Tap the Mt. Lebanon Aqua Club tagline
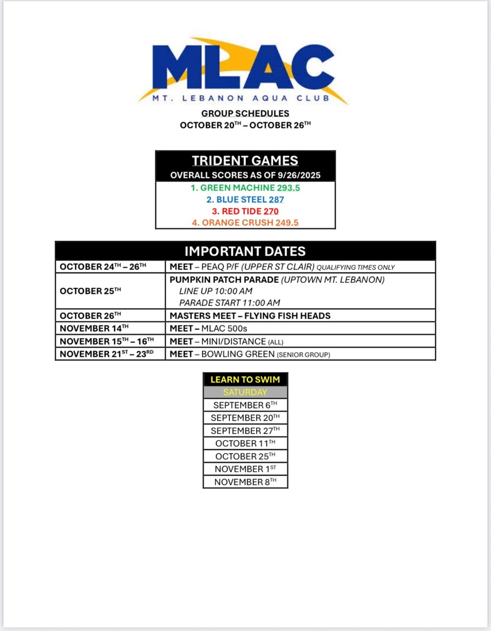(245, 98)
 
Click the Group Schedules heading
(245, 113)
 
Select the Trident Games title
(245, 160)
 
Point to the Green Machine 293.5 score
(245, 188)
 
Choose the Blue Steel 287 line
(245, 199)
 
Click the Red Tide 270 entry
(245, 211)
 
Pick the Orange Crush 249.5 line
(245, 222)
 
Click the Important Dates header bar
(245, 251)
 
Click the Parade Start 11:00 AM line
(230, 302)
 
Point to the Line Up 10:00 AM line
(216, 291)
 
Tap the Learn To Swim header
(245, 379)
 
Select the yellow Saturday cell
(245, 392)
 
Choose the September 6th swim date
(245, 405)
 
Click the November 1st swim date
(245, 469)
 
